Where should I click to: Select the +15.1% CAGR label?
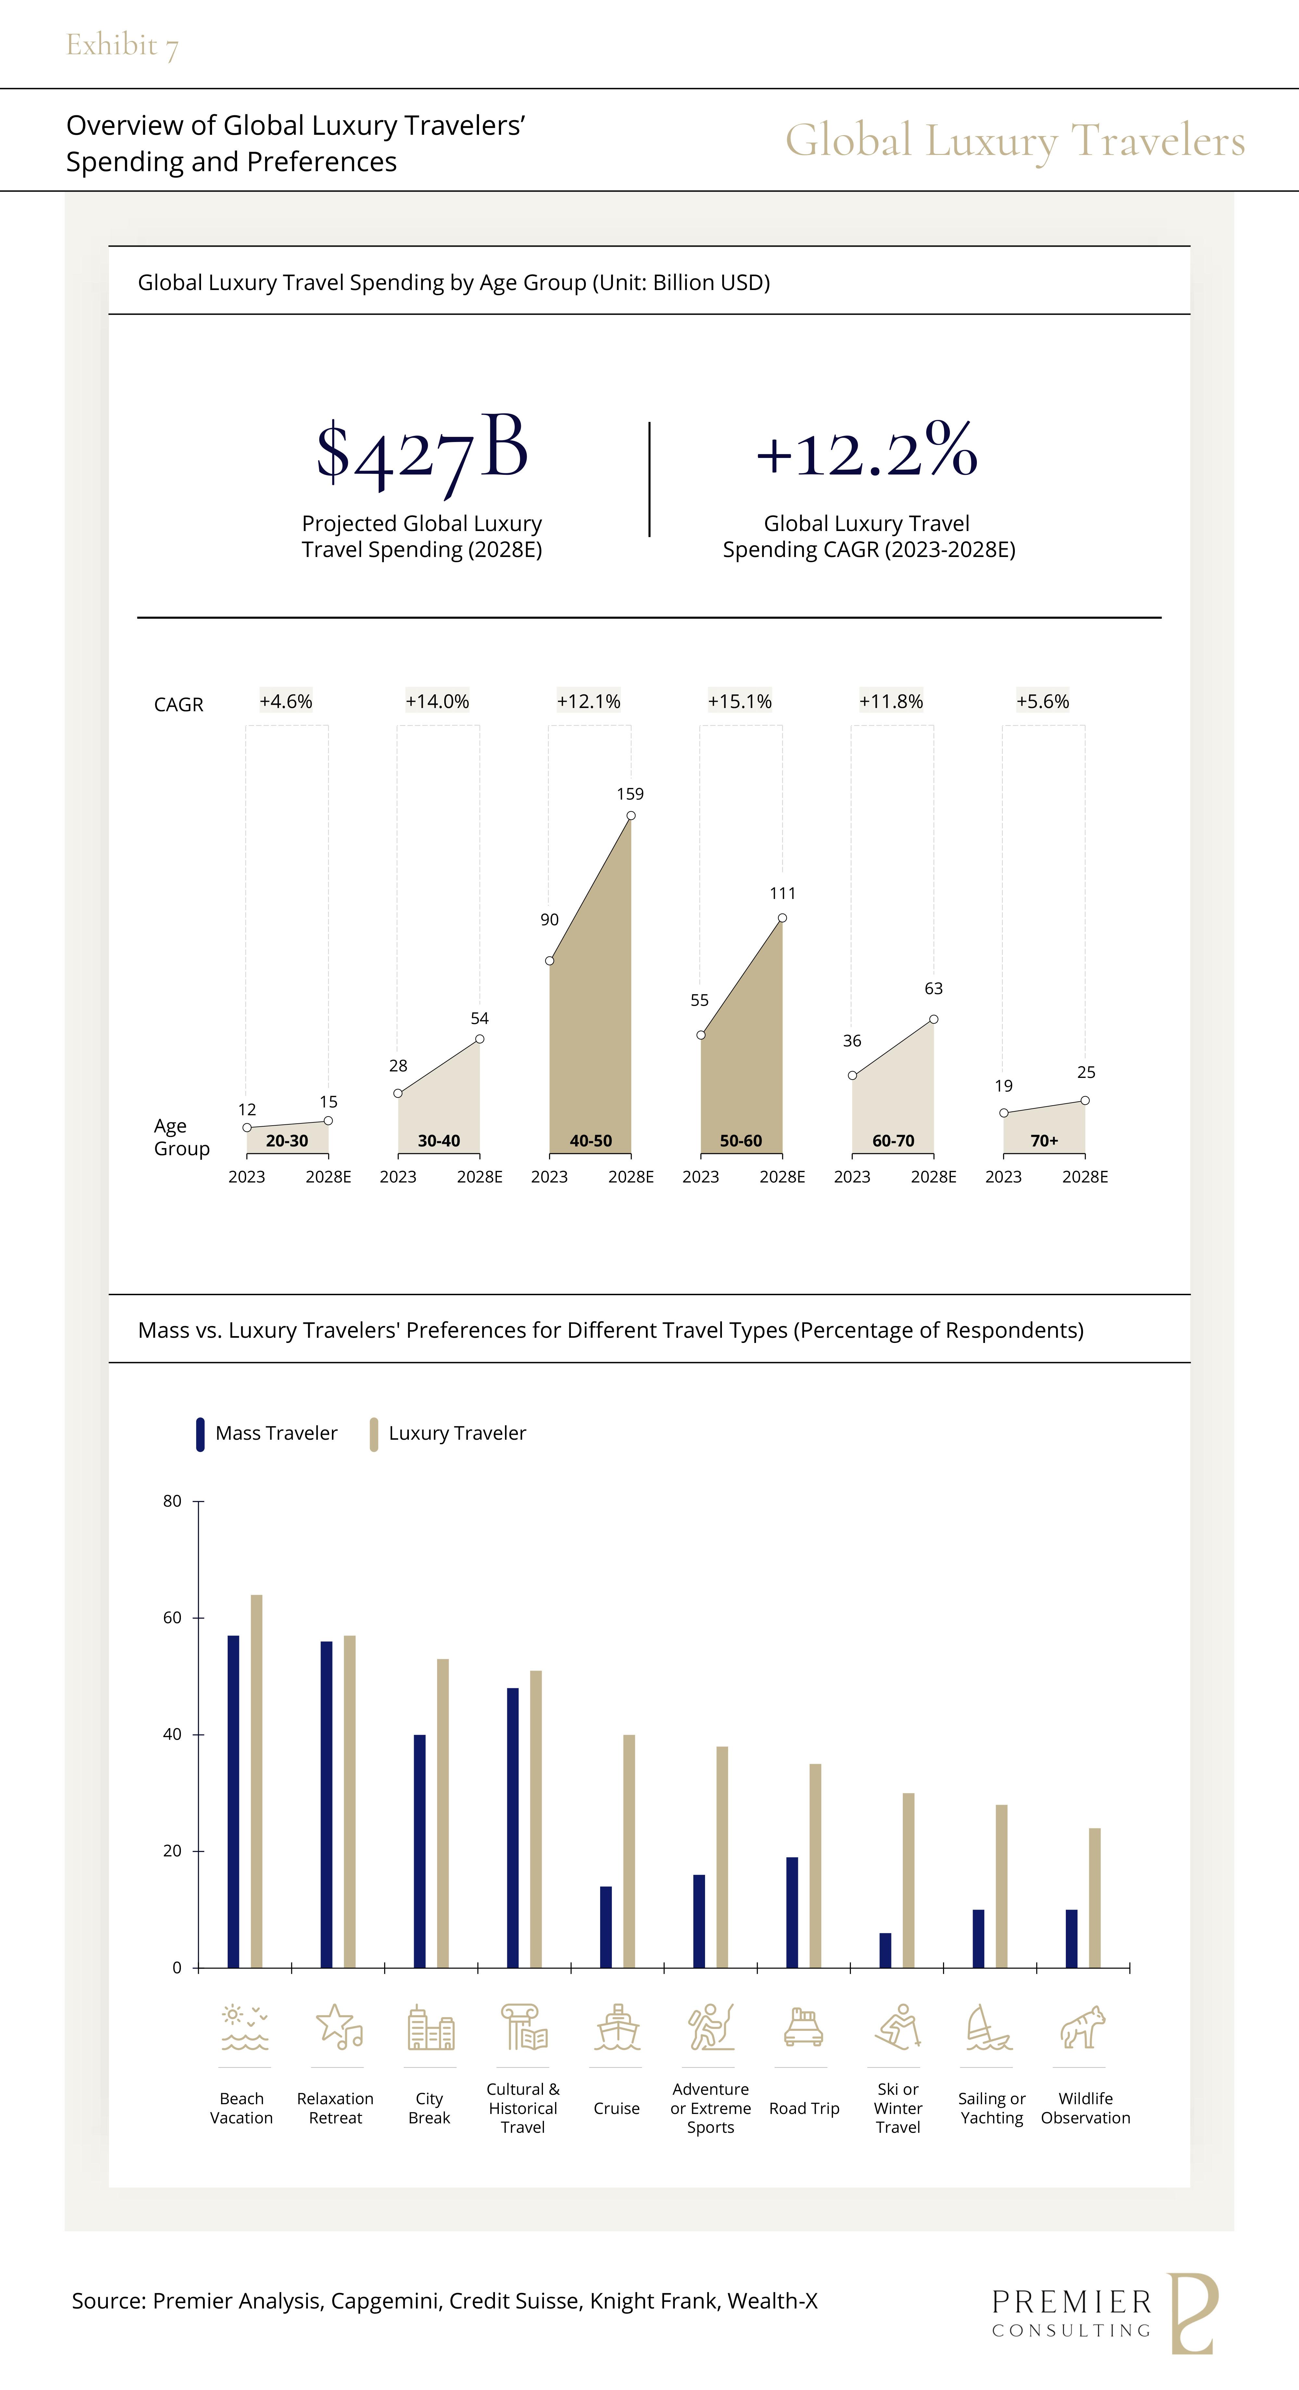coord(739,702)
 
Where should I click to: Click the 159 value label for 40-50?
coord(630,794)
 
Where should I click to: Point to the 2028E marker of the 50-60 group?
coord(782,917)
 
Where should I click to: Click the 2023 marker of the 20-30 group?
coord(247,1127)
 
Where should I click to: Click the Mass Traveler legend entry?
coord(267,1434)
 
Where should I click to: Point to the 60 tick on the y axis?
coord(172,1618)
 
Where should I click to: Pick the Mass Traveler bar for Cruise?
coord(606,1927)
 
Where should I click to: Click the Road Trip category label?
coord(804,2109)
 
